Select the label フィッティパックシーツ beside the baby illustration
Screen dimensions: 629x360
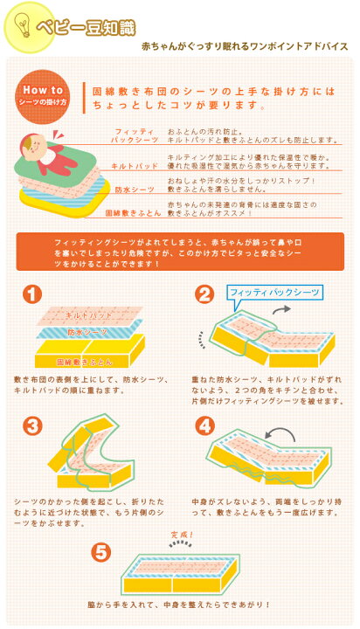pos(135,135)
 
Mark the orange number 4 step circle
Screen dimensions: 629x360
pos(204,426)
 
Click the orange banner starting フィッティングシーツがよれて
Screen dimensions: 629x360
pos(179,251)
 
